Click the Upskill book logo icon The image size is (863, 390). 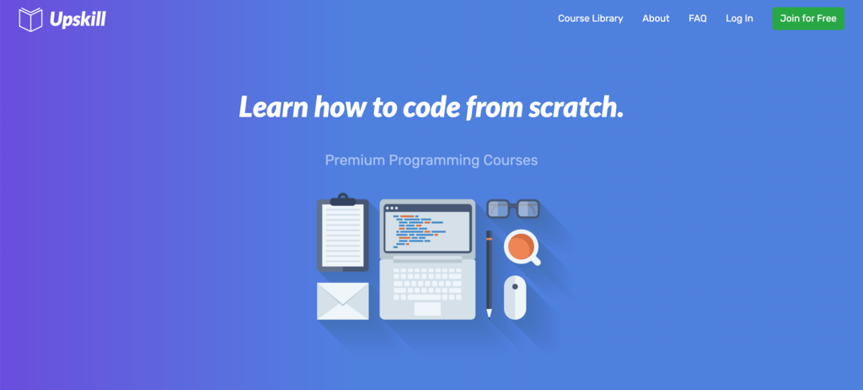31,19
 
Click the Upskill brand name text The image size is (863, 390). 78,20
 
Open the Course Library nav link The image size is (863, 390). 591,19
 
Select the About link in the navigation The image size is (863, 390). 656,19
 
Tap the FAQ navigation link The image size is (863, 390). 697,19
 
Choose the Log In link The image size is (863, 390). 739,19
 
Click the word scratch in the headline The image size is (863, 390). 576,107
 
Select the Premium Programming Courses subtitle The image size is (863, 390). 431,160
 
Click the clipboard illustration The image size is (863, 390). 342,233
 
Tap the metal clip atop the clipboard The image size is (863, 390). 342,200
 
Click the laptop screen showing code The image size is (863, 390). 427,229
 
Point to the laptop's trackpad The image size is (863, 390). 427,309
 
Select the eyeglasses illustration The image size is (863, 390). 513,209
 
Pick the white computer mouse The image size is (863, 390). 515,297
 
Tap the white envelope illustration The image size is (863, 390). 342,301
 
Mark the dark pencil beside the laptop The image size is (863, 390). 489,274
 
